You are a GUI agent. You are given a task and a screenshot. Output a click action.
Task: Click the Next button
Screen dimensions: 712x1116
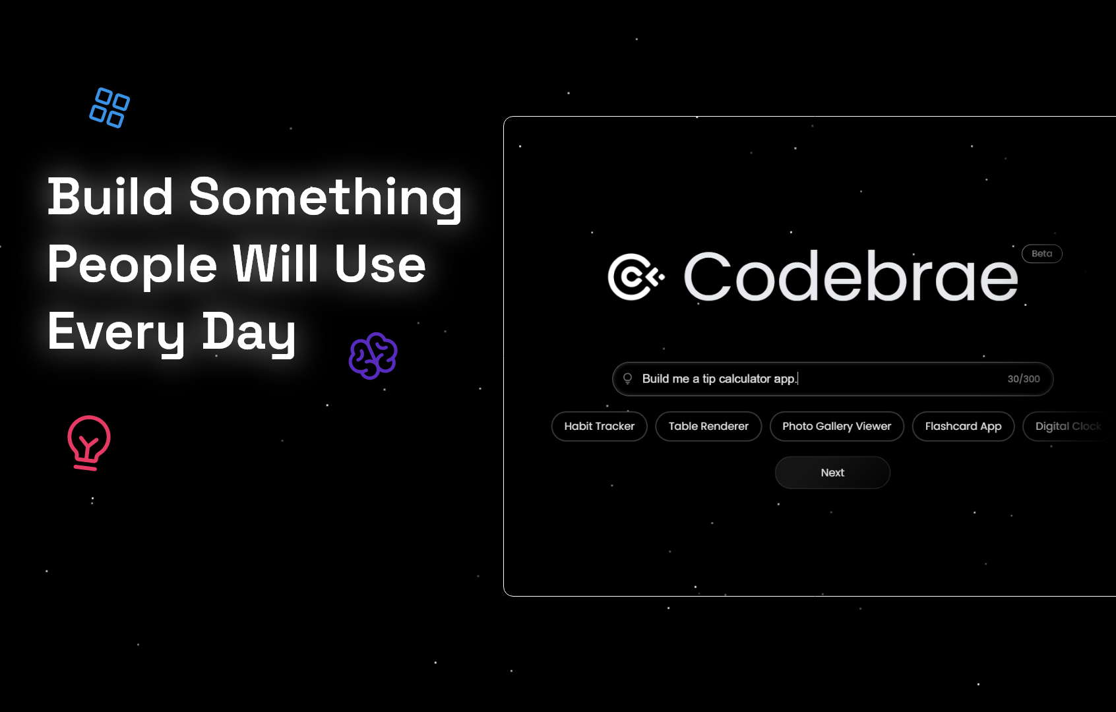[x=832, y=473]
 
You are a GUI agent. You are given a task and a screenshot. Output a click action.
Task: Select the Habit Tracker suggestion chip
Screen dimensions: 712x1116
[x=599, y=427]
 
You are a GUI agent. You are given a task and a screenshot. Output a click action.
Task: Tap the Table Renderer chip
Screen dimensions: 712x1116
[x=708, y=427]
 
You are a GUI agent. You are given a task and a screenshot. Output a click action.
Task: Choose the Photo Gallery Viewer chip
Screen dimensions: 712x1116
[x=836, y=427]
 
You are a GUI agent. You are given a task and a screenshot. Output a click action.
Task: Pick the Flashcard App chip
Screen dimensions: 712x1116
[x=963, y=427]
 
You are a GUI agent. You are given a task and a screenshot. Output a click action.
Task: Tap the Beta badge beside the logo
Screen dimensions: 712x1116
[x=1041, y=254]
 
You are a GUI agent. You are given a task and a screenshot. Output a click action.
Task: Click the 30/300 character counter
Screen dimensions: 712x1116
[x=1023, y=379]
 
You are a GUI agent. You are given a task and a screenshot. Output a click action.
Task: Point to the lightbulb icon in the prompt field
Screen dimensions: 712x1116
[x=628, y=378]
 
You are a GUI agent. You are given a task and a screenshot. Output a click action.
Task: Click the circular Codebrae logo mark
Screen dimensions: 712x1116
[x=635, y=277]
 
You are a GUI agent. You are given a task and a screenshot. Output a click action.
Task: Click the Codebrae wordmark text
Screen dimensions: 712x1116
[x=851, y=277]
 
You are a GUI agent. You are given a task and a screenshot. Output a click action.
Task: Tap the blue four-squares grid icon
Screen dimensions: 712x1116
[x=109, y=107]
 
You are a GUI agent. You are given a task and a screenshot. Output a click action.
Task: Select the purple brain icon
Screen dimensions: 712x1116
[x=373, y=356]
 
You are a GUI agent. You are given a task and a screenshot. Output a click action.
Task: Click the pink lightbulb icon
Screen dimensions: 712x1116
[x=88, y=442]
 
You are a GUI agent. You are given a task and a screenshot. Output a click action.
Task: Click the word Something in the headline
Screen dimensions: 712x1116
[x=325, y=197]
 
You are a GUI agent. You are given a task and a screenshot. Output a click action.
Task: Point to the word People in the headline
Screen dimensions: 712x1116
[x=132, y=265]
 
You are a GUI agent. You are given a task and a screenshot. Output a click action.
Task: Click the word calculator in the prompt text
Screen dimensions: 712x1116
[x=745, y=379]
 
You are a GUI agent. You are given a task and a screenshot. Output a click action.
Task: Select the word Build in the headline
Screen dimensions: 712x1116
[x=110, y=197]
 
